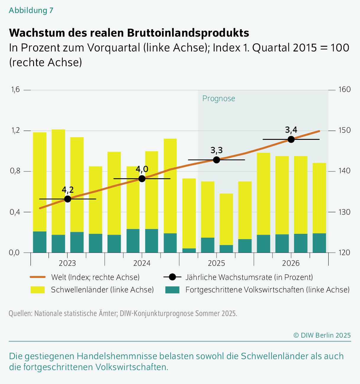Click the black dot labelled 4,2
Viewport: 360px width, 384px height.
pos(67,199)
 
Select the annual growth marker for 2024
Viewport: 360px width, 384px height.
pos(142,179)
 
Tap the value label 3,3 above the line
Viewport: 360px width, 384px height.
pos(217,150)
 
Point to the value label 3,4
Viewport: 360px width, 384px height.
pos(291,130)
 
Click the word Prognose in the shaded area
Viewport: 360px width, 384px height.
pos(219,99)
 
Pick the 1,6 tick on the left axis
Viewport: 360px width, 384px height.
pos(15,90)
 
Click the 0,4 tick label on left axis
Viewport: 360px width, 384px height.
pos(15,212)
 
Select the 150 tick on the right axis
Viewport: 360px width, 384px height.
pos(344,130)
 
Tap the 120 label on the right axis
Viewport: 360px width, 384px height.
pos(344,253)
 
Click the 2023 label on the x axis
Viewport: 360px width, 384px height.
pos(67,263)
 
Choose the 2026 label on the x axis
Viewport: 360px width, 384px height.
pos(291,263)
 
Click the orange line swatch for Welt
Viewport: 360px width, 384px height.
pos(38,277)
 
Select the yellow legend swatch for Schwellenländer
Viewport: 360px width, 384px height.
pos(38,290)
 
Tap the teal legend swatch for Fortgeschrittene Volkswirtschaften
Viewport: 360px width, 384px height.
pos(172,290)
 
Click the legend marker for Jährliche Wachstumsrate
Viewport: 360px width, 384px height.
pos(172,277)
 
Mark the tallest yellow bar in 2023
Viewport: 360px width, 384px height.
pos(58,182)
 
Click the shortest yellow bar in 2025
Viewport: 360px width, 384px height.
pos(226,219)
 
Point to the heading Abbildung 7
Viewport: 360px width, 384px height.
pos(31,10)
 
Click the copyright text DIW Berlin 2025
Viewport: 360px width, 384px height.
pos(322,335)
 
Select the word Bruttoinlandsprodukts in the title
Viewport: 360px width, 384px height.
pos(188,33)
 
